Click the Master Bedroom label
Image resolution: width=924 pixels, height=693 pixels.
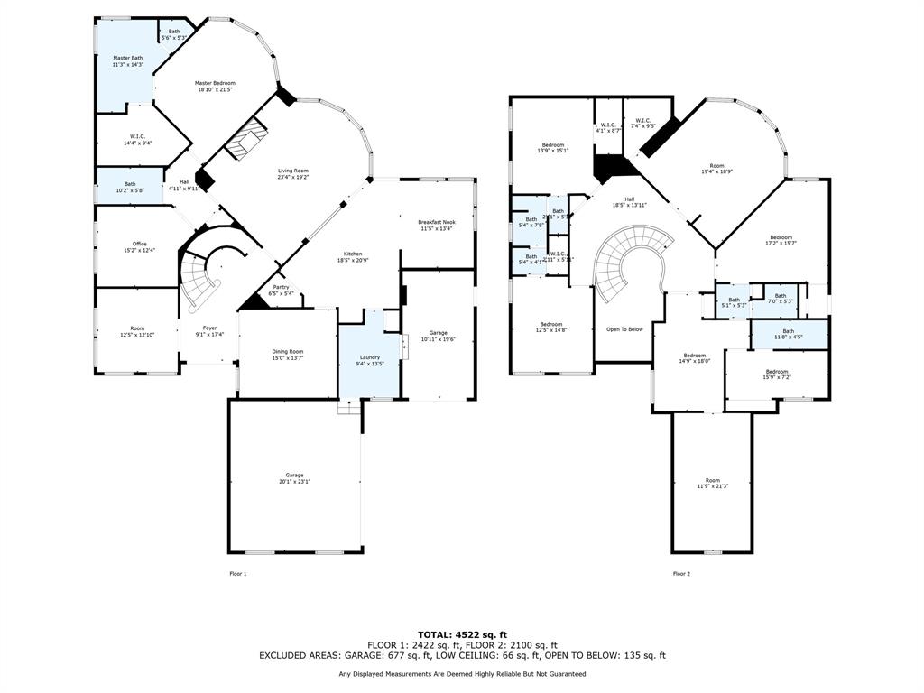[x=216, y=83]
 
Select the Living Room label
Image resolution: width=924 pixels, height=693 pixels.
[x=292, y=171]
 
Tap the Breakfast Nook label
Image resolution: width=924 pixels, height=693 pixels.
[x=436, y=222]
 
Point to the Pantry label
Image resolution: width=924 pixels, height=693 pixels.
[x=281, y=287]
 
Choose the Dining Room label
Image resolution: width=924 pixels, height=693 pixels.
[x=289, y=351]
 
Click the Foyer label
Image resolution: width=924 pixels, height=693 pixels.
[x=209, y=328]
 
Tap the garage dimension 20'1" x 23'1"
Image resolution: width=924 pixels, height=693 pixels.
[x=294, y=482]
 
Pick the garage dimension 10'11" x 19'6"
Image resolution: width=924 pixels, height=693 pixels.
[x=438, y=339]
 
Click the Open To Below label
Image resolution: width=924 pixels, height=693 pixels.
[x=624, y=329]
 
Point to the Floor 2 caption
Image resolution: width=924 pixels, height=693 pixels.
[x=681, y=573]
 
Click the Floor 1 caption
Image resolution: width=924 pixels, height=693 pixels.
[x=237, y=573]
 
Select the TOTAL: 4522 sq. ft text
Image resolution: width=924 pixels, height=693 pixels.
[x=462, y=634]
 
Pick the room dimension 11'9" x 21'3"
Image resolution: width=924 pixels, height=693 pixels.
[x=713, y=486]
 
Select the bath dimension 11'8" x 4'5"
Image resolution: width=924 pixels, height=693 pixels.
[x=789, y=337]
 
